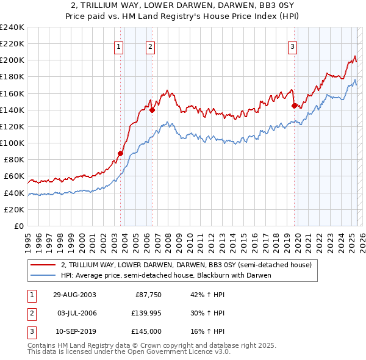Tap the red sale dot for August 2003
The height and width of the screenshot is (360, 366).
[120, 153]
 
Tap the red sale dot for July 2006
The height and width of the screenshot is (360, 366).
[152, 110]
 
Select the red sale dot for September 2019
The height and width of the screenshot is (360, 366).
[294, 106]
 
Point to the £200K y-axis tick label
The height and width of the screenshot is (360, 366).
[12, 60]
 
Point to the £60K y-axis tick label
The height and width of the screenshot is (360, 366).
[13, 176]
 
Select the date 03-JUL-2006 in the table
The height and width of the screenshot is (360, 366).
[74, 314]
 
